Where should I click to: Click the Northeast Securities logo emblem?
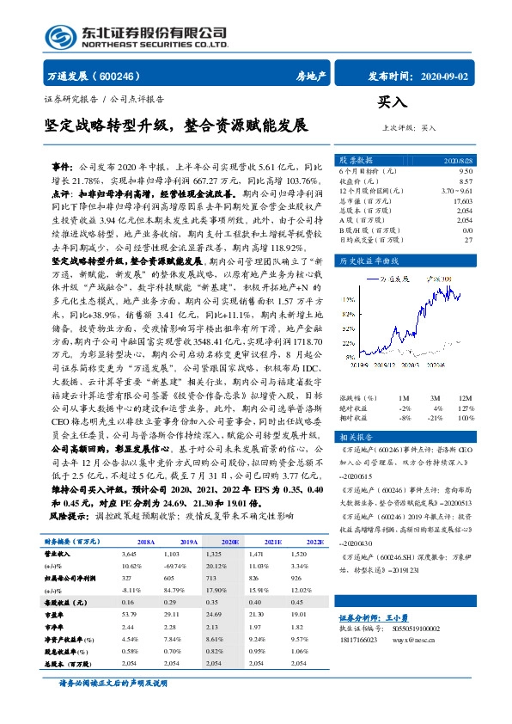point(59,35)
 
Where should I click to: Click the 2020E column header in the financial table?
point(230,542)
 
